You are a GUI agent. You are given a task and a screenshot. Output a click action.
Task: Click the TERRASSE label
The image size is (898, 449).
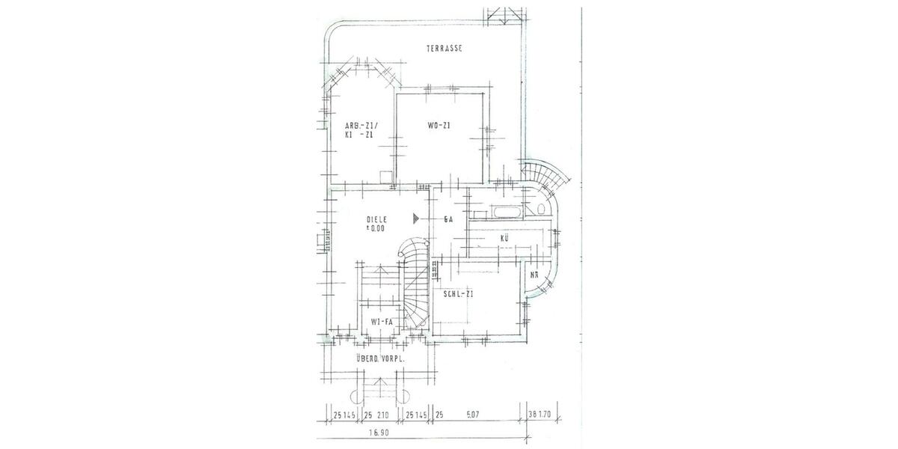(x=445, y=49)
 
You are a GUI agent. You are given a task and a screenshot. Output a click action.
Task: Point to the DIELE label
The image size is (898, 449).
(x=376, y=219)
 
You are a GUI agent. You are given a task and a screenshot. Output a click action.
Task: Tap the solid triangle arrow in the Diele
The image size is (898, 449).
(x=416, y=219)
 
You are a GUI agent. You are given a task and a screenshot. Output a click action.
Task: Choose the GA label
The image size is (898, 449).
(x=449, y=219)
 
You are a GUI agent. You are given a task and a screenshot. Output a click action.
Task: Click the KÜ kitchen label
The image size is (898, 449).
(x=505, y=239)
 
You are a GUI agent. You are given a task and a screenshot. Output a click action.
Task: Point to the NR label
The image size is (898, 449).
(x=533, y=274)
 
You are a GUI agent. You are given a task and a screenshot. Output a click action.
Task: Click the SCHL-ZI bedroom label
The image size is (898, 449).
(x=458, y=295)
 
